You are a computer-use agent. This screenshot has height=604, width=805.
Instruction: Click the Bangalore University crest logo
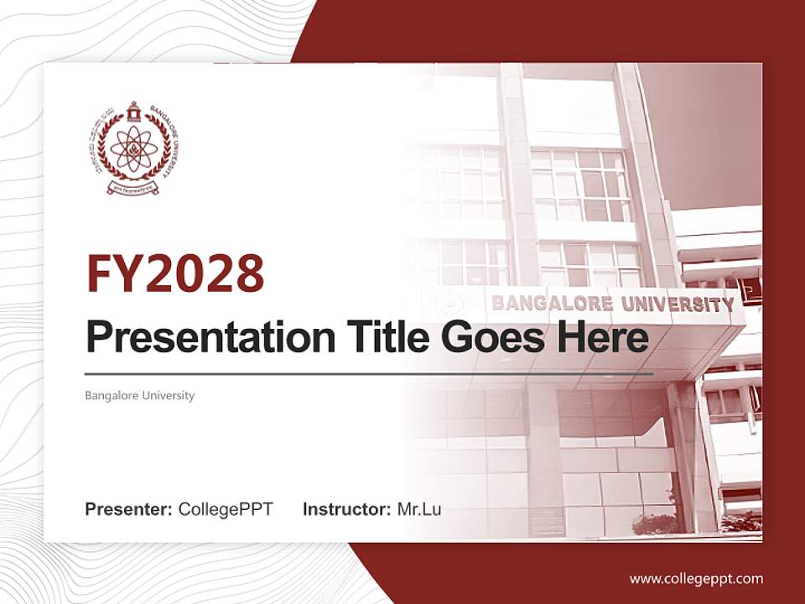132,148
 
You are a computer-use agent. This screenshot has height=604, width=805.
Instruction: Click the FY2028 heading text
175,273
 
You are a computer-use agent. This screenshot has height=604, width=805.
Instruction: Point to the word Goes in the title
491,336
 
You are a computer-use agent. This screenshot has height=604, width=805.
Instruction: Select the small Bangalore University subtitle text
139,395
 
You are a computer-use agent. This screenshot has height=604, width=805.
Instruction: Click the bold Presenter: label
129,509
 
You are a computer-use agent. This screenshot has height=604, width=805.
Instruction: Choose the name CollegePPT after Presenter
226,509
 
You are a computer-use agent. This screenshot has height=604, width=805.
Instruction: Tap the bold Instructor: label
346,509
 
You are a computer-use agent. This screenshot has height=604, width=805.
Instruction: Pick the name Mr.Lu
419,509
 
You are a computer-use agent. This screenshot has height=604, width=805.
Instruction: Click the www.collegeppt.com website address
696,578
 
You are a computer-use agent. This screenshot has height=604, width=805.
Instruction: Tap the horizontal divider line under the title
369,372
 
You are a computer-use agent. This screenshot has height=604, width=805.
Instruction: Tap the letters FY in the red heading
112,273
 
